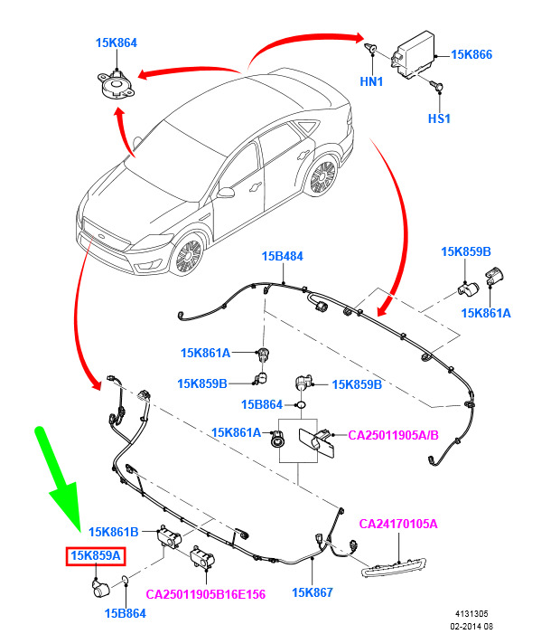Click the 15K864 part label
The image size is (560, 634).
[x=117, y=43]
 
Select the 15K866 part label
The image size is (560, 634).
[x=471, y=55]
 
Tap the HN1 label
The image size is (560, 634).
[x=371, y=81]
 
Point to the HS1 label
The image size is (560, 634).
[x=439, y=118]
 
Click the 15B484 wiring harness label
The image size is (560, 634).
[x=283, y=257]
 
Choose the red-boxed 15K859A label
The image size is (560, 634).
[x=96, y=556]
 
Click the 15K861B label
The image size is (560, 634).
[x=114, y=531]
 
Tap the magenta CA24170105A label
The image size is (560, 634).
[x=398, y=524]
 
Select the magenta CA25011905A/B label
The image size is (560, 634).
[x=393, y=435]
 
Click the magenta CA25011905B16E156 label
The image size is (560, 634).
[x=206, y=594]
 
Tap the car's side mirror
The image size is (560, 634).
[x=228, y=192]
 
